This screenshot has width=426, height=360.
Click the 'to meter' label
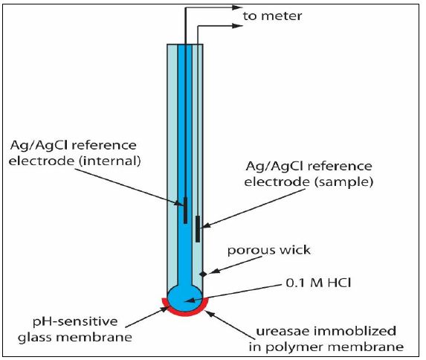[273, 16]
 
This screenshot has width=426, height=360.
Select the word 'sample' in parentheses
[343, 182]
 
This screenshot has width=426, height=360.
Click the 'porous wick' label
[269, 250]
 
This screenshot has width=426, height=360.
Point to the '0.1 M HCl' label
[318, 283]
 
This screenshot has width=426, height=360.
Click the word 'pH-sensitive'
[75, 322]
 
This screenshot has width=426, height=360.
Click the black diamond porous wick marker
[203, 274]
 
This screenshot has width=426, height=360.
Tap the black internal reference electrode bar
[185, 210]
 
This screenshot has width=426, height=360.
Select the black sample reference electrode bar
[198, 228]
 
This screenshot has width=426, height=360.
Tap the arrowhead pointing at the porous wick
[212, 271]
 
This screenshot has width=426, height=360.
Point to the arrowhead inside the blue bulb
[189, 300]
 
